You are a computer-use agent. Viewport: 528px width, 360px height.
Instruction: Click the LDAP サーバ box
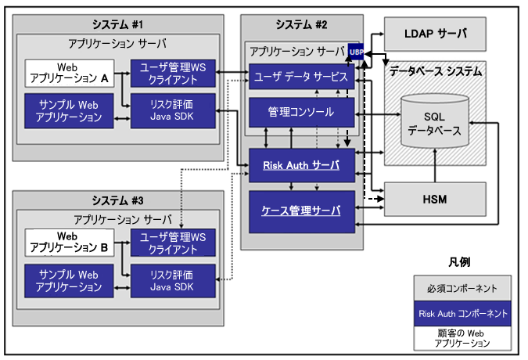click(x=435, y=34)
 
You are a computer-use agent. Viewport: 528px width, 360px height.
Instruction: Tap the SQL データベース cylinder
click(x=434, y=122)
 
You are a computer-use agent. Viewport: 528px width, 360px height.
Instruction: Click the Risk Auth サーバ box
click(x=301, y=165)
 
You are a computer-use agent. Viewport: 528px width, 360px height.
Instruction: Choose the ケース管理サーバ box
click(x=301, y=210)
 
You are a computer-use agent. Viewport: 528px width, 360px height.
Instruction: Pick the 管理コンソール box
click(x=301, y=112)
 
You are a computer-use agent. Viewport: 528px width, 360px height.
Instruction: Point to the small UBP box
click(x=357, y=52)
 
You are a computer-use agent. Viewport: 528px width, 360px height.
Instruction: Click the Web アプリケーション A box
click(x=70, y=74)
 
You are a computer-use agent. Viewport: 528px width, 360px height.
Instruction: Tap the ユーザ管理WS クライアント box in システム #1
click(x=171, y=74)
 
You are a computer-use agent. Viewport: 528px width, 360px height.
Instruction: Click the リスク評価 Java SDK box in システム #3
click(x=171, y=279)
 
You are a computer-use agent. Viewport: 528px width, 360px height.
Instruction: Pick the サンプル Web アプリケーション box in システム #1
click(x=70, y=110)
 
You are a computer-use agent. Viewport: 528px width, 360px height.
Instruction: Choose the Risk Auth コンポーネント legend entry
click(x=462, y=313)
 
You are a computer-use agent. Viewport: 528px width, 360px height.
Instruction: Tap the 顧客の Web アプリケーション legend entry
click(x=462, y=338)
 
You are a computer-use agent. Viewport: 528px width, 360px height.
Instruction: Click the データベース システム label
click(x=436, y=71)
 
